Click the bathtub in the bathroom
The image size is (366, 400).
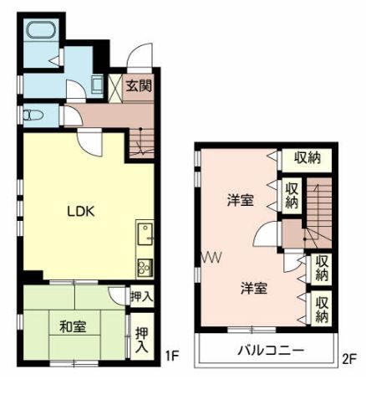click(39, 33)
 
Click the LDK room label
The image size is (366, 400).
click(82, 211)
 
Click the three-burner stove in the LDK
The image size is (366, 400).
click(144, 268)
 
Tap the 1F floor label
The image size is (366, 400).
click(172, 355)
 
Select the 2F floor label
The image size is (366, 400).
click(348, 361)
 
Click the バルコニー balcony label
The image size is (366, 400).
click(268, 351)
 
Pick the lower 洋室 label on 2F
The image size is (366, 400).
click(254, 288)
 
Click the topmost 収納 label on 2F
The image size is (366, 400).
click(307, 157)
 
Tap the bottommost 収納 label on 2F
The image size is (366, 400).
click(321, 307)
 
